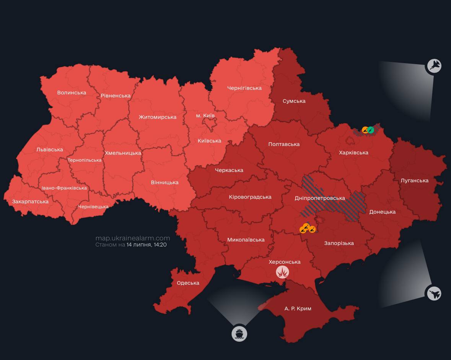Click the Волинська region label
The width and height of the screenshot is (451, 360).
coord(72,92)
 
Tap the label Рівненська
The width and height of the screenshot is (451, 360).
coord(116,96)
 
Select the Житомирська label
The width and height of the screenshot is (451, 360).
coord(157,117)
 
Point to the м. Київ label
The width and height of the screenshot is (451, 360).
coord(205,115)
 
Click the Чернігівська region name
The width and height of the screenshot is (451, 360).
coord(244,88)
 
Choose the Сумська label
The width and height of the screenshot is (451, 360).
coord(294,101)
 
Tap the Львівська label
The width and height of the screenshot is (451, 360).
coord(49,149)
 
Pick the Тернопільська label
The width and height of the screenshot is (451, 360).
coord(85,160)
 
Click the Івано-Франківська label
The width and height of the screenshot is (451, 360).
coord(64,188)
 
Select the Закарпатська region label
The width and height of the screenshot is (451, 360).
coord(30,201)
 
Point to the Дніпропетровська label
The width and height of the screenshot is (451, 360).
coord(319,198)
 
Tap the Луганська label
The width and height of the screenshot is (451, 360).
coord(414,180)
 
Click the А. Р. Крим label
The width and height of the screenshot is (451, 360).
coord(298,308)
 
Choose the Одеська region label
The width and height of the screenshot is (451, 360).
coord(188,283)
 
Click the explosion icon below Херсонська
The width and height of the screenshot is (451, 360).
coord(283,272)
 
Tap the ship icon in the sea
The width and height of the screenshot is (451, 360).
coord(239,334)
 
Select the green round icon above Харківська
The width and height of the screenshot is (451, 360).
coord(371,130)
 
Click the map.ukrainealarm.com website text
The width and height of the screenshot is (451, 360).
coord(132,238)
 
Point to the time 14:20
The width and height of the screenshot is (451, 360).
coord(160,245)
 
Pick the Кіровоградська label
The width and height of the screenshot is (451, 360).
coord(250,197)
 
